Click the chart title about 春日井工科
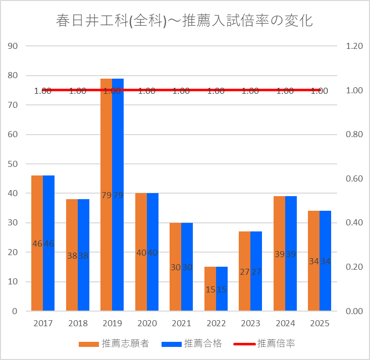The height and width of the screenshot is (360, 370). click(185, 21)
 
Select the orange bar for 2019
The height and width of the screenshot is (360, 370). click(106, 151)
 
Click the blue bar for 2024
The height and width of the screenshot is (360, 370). click(291, 227)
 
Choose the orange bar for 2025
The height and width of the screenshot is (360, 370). click(314, 237)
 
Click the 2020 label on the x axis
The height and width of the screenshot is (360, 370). click(147, 323)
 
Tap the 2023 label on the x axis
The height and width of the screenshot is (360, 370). click(251, 323)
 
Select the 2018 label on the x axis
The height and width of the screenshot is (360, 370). click(78, 323)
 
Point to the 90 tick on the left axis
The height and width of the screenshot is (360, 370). click(13, 46)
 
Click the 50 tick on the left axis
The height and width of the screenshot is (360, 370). click(13, 164)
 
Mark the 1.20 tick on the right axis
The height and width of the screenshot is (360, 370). click(354, 46)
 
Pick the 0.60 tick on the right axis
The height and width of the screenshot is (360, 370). click(354, 178)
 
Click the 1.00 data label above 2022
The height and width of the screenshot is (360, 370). click(216, 91)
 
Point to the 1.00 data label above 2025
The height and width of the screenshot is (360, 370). click(320, 91)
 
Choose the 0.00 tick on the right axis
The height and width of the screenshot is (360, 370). click(354, 311)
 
